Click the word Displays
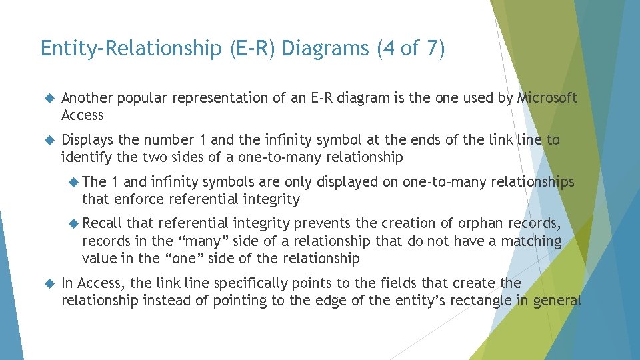[x=87, y=140]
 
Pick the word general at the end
[x=557, y=301]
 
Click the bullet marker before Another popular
[x=47, y=99]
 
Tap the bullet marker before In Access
[x=47, y=283]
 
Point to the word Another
[x=85, y=98]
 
